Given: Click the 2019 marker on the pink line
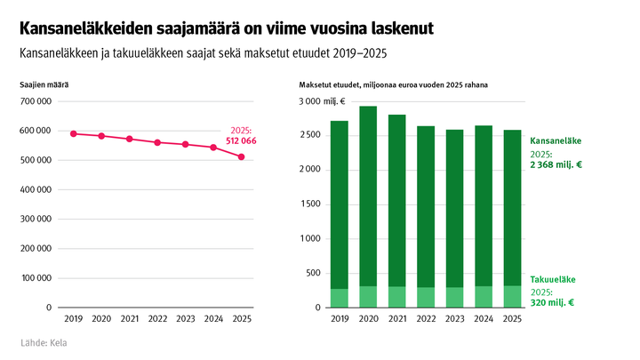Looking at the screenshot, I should tap(73, 133).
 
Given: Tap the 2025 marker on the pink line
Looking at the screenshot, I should tap(241, 157).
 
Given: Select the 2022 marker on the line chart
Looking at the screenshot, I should tap(157, 142).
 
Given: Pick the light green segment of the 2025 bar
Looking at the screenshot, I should tap(511, 296).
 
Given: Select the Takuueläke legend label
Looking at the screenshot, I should tap(553, 279).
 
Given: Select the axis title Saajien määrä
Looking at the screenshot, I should tap(44, 84).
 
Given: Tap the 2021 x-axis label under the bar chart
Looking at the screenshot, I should tap(397, 317).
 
